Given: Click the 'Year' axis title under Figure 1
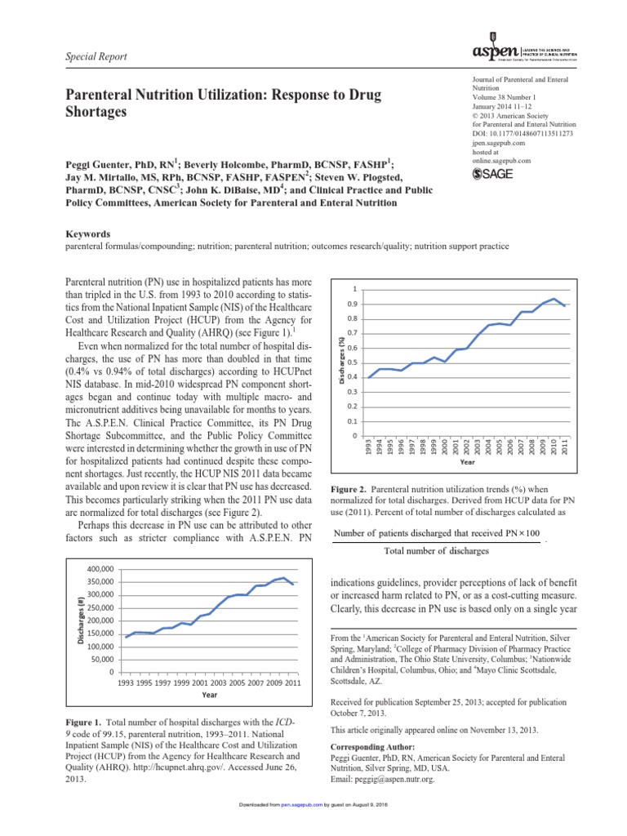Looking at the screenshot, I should pyautogui.click(x=210, y=696).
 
